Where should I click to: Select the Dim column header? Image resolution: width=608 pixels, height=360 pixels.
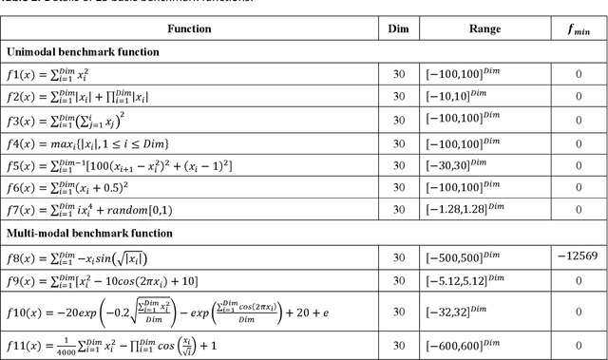pos(398,28)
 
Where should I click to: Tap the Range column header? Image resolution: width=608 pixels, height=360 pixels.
pos(484,28)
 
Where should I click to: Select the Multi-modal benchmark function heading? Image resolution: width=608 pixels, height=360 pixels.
pos(90,233)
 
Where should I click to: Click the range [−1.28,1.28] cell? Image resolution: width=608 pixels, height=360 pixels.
pos(484,210)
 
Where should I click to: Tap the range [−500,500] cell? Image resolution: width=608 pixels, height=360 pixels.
pos(484,257)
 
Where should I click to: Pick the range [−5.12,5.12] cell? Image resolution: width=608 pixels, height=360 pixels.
pos(484,281)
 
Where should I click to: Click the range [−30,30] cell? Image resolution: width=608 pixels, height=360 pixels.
pos(484,165)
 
